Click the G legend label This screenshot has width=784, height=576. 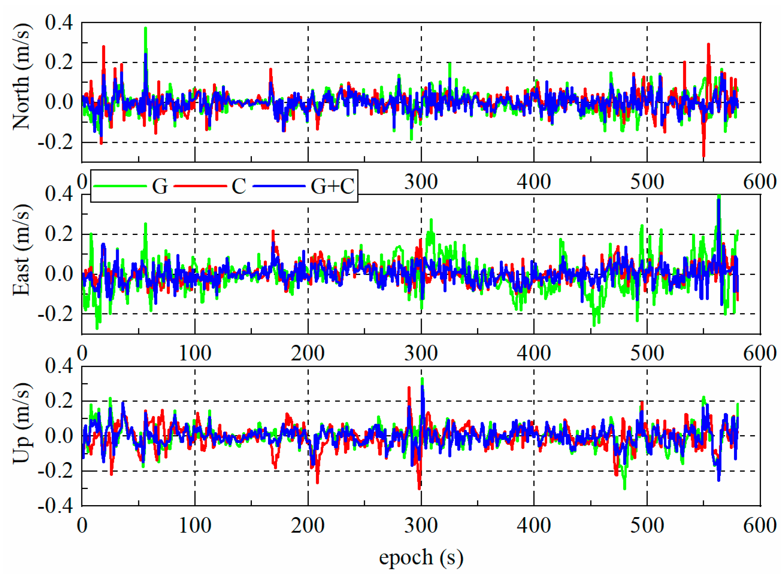point(160,186)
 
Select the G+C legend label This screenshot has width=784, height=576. point(332,186)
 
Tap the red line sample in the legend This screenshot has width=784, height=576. point(200,186)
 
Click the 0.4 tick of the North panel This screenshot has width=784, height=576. point(59,23)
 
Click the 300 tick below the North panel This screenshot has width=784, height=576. point(421,182)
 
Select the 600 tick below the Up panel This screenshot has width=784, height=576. point(759,525)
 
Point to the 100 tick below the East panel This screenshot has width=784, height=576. point(195,353)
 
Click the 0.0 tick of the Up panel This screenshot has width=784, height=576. point(59,436)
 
